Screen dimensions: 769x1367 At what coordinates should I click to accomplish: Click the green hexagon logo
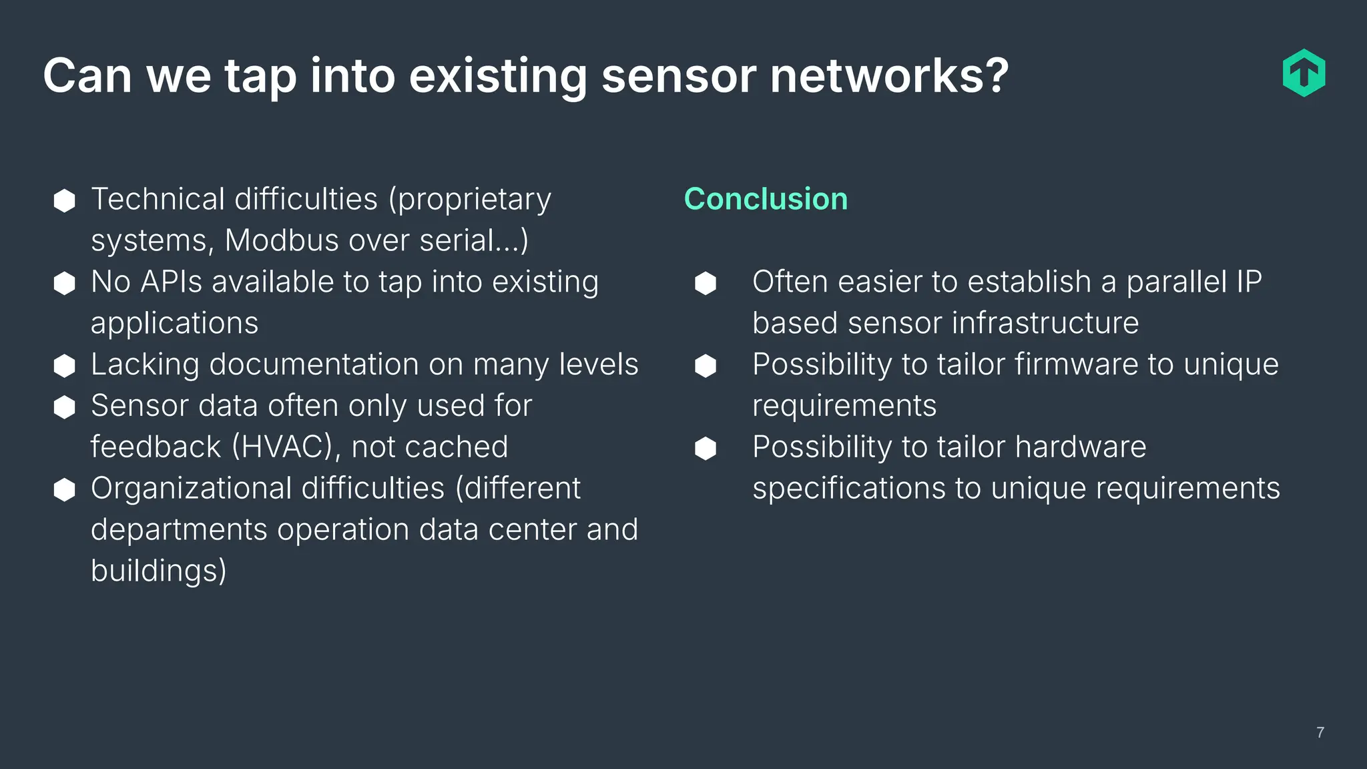[1304, 73]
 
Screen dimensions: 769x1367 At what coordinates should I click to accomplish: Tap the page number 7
[1320, 732]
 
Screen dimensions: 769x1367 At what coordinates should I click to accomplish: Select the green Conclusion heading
[766, 199]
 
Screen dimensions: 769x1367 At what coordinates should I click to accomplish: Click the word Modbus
[282, 240]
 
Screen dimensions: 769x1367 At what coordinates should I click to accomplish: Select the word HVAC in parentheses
[282, 447]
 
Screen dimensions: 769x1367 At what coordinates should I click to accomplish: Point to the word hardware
[1080, 447]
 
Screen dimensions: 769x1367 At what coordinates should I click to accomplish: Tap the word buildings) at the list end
[159, 571]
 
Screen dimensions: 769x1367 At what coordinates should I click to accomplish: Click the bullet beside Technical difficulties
[64, 200]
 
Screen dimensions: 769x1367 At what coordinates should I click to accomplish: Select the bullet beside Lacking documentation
[64, 365]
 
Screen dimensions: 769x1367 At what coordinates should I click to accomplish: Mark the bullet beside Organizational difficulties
[64, 489]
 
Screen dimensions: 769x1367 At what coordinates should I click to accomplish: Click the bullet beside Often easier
[706, 283]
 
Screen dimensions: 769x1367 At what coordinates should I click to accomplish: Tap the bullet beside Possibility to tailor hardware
[706, 448]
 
